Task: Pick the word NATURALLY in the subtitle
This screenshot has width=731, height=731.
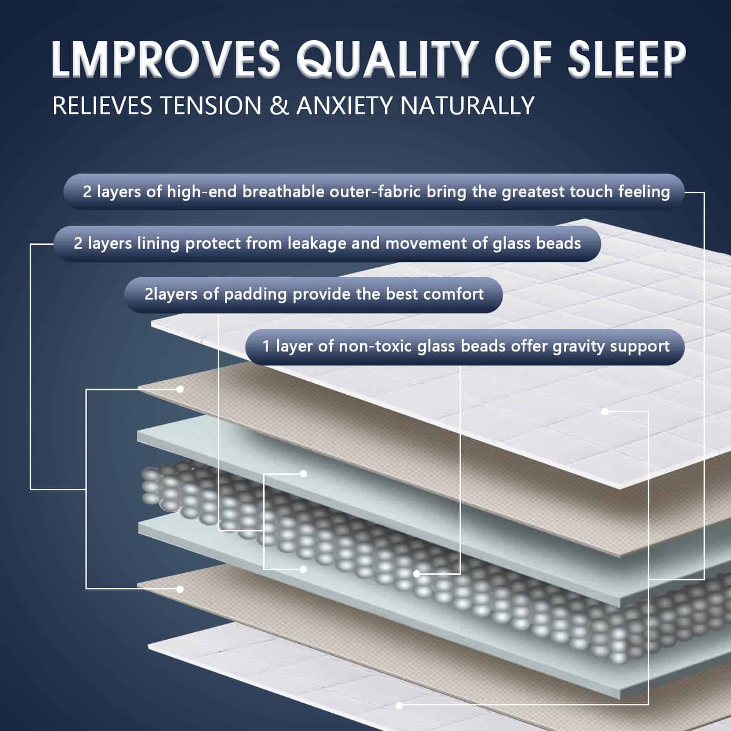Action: tap(467, 106)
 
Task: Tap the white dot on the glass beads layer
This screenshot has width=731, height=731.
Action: tap(416, 574)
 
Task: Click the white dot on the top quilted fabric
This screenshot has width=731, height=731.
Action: tap(605, 412)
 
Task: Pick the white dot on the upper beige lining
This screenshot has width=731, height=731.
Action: tap(180, 389)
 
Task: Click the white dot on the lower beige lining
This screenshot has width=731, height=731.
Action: tap(180, 589)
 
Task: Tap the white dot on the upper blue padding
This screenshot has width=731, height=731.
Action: tap(303, 474)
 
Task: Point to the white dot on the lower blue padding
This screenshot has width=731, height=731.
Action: tap(303, 569)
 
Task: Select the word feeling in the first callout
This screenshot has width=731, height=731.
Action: tap(644, 192)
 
